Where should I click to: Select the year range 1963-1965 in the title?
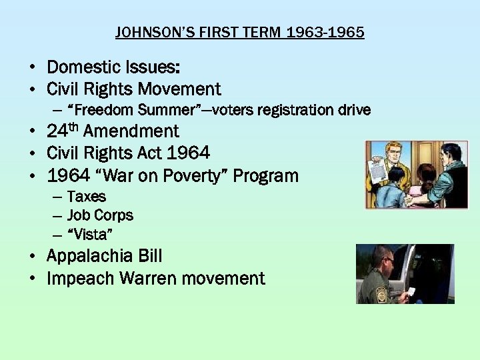point(325,32)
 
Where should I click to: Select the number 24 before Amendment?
point(55,131)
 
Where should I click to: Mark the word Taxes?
point(87,197)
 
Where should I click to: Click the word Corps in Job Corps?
point(114,215)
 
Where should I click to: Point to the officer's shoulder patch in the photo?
point(383,293)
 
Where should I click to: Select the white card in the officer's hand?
point(412,291)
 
